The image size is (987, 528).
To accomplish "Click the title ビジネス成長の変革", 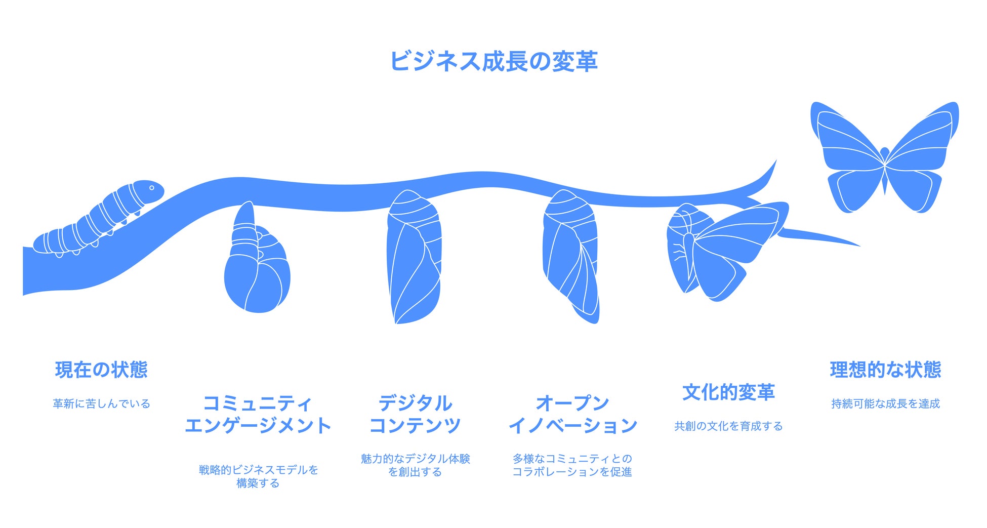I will click(x=493, y=61).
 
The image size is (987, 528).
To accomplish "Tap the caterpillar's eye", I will click(x=151, y=188).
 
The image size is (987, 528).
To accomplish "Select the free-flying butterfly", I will click(x=885, y=157).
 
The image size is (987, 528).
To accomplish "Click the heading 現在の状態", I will click(x=101, y=370).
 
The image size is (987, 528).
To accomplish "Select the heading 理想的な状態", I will click(x=885, y=370).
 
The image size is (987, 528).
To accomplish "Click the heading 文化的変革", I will click(x=728, y=392).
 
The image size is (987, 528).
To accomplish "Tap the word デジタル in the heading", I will click(x=415, y=403).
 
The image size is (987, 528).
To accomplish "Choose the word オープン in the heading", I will click(x=572, y=403).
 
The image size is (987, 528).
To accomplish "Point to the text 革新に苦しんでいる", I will click(x=101, y=403).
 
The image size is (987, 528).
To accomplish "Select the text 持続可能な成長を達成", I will click(x=885, y=403).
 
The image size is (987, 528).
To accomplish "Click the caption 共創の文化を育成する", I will click(x=728, y=426).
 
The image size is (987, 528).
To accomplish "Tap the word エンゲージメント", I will click(x=258, y=426).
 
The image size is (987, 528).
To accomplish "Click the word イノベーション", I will click(x=572, y=426).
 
